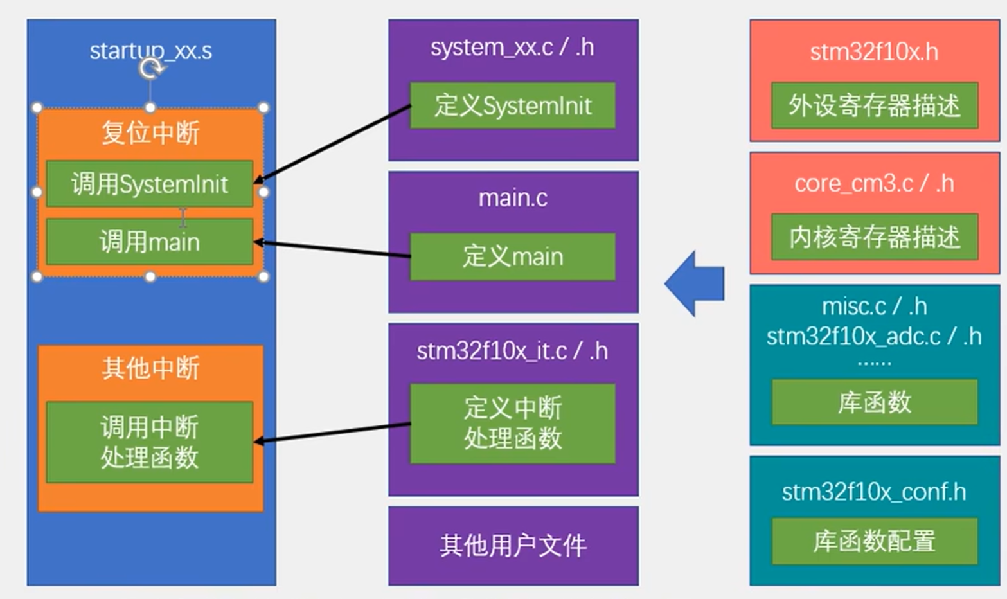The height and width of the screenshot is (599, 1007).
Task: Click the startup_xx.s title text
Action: coord(150,51)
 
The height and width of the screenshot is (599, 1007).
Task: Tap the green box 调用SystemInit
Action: coord(149,184)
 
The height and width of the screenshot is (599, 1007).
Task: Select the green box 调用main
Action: coord(149,242)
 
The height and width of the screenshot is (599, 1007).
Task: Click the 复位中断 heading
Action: coord(150,133)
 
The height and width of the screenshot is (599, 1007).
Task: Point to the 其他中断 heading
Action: coord(150,368)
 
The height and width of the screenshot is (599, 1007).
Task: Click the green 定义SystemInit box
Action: coord(512,105)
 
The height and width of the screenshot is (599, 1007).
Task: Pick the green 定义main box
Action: coord(512,256)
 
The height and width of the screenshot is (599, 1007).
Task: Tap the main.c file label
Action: coord(513,198)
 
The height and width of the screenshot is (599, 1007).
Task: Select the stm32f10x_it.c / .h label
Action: coord(512,351)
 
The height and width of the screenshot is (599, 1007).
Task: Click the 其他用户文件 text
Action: coord(513,546)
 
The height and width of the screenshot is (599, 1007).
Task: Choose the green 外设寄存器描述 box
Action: coord(874,105)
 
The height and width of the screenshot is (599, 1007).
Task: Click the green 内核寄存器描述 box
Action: coord(874,237)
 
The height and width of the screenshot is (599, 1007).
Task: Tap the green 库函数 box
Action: coord(874,402)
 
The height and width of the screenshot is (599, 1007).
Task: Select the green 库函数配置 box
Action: coord(874,541)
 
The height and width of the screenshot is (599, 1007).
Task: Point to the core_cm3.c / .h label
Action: coord(874,184)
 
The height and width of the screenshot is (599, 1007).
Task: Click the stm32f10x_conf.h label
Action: coord(874,492)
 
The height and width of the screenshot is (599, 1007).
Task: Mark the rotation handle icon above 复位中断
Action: coord(150,67)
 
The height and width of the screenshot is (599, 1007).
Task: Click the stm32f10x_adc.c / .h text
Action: coord(874,336)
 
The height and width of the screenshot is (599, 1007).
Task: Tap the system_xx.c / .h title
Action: coord(512,48)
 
